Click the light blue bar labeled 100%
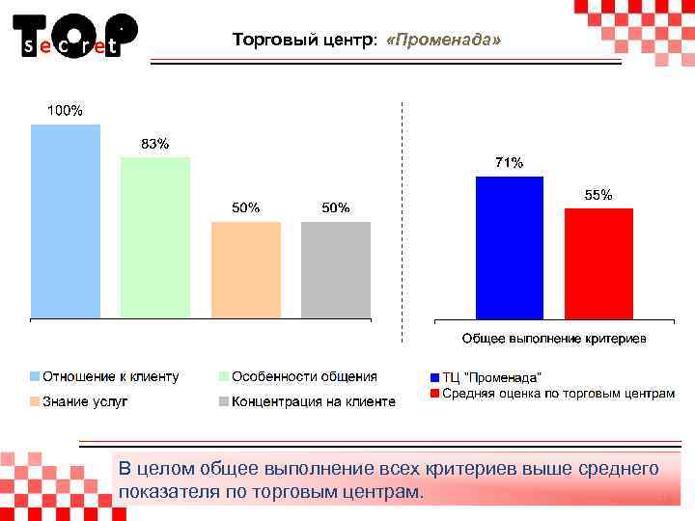pyautogui.click(x=66, y=221)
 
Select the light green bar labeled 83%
pyautogui.click(x=155, y=237)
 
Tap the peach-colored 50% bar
pyautogui.click(x=246, y=269)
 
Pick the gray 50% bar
pyautogui.click(x=336, y=269)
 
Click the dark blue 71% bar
pyautogui.click(x=510, y=247)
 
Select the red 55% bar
pyautogui.click(x=598, y=263)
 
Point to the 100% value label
pyautogui.click(x=66, y=111)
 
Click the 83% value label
pyautogui.click(x=155, y=144)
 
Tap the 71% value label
pyautogui.click(x=510, y=163)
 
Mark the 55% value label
pyautogui.click(x=598, y=195)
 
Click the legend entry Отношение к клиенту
pyautogui.click(x=109, y=376)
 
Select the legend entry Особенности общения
pyautogui.click(x=303, y=376)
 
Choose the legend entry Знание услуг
pyautogui.click(x=84, y=401)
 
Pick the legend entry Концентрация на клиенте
pyautogui.click(x=312, y=401)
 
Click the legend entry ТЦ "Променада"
pyautogui.click(x=491, y=376)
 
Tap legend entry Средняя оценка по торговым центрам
pyautogui.click(x=558, y=394)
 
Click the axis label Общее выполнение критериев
pyautogui.click(x=554, y=339)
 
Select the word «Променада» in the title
pyautogui.click(x=443, y=41)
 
